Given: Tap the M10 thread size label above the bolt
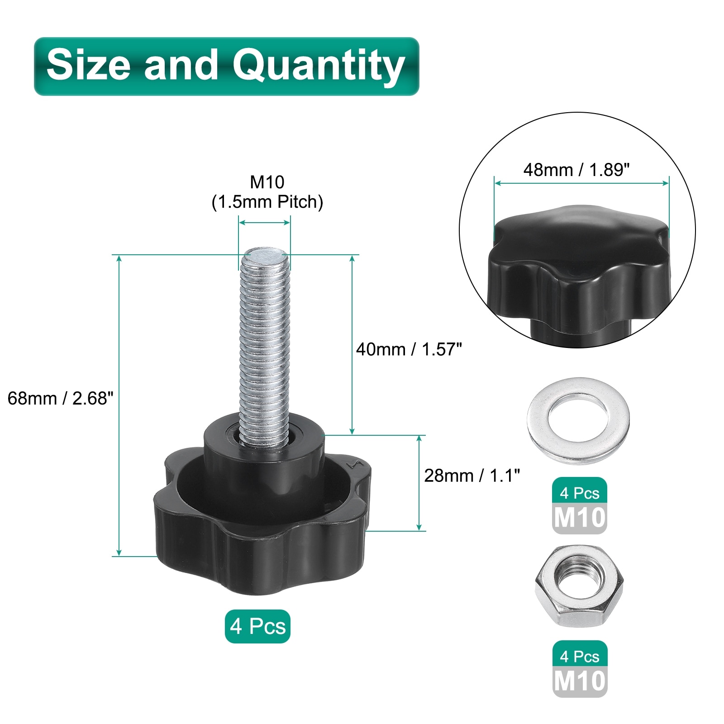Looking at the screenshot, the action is tap(267, 182).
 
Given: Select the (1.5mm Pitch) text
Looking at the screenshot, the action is tap(267, 202).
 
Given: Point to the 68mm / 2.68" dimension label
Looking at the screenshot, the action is tap(60, 398).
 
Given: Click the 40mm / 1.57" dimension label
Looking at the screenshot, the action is tap(409, 349).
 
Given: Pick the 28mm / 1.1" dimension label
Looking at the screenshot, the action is tap(472, 476).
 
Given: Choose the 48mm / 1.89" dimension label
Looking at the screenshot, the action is tap(576, 170).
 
